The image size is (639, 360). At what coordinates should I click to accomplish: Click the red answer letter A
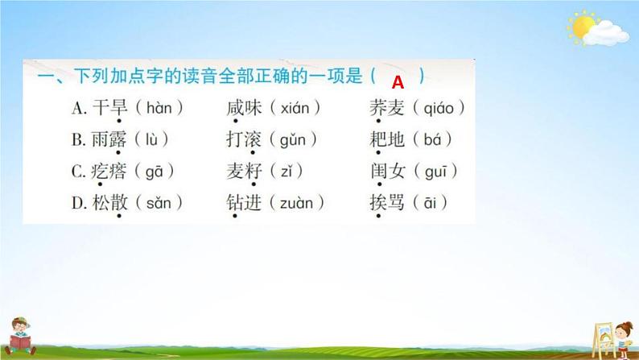click(x=397, y=81)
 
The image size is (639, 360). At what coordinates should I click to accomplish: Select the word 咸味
click(x=245, y=106)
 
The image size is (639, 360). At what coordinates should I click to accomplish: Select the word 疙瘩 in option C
click(x=109, y=171)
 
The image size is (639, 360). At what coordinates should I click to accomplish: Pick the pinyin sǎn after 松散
click(x=157, y=203)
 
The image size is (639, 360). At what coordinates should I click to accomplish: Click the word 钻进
click(x=245, y=203)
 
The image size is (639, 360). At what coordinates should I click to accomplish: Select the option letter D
click(x=79, y=203)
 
